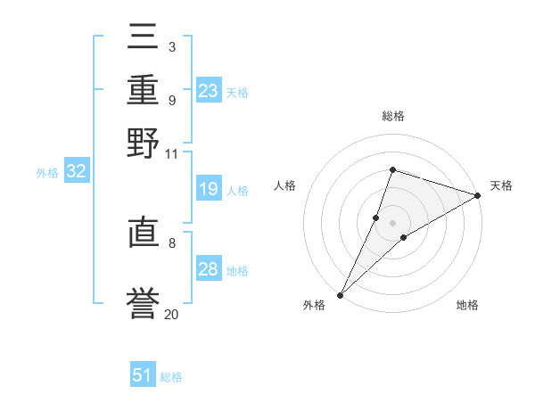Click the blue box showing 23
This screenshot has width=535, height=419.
pos(209,91)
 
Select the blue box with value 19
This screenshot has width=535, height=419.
pos(209,189)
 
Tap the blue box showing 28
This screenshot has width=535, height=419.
pos(209,269)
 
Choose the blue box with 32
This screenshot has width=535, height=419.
pos(76,172)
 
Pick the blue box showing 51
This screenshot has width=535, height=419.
pos(143,375)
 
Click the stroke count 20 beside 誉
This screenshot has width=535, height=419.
pos(171,314)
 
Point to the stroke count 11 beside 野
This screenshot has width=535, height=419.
pos(171,154)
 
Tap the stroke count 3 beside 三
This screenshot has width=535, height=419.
pos(171,45)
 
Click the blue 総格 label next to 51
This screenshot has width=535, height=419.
pos(171,377)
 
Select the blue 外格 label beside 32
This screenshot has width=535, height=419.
pos(47,173)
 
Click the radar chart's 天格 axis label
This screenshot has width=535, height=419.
pos(501,185)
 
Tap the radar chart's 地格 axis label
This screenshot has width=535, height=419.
pos(467,306)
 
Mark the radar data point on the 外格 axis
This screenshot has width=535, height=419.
pos(340,294)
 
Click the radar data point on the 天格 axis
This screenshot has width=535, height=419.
pos(478,195)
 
